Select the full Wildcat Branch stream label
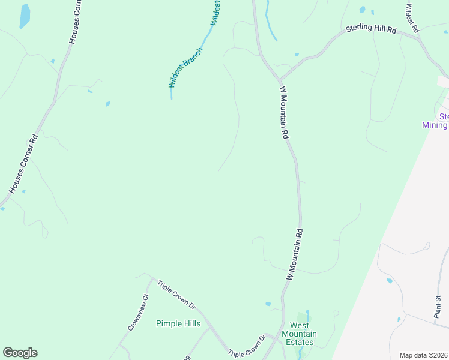(x=185, y=67)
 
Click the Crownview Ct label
(x=137, y=313)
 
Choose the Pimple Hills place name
(x=178, y=323)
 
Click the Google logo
(x=20, y=353)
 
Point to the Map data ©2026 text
(x=423, y=355)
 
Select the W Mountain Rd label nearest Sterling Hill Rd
(x=285, y=112)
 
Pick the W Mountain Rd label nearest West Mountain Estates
(x=294, y=255)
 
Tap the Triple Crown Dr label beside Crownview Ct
(x=176, y=294)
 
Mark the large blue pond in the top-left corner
(x=25, y=16)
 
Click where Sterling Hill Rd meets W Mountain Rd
(x=280, y=80)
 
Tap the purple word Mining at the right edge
(x=435, y=125)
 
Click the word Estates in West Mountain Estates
(x=299, y=343)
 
